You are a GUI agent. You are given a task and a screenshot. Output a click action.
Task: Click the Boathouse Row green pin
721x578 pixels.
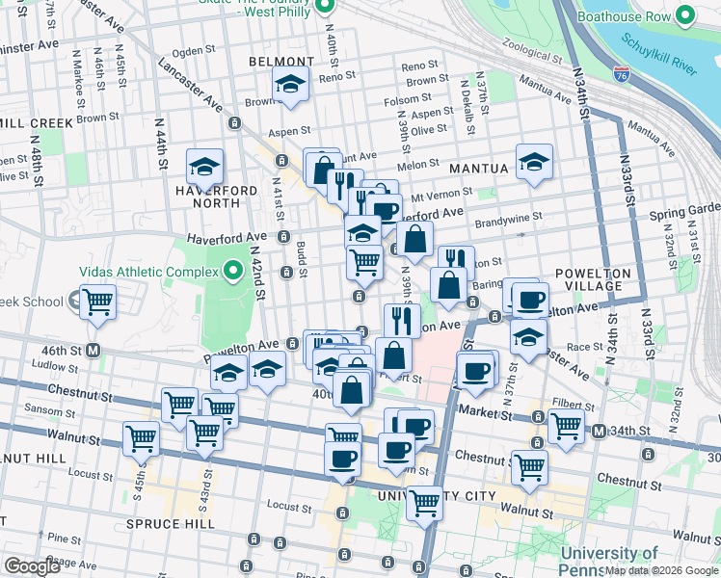coord(685,15)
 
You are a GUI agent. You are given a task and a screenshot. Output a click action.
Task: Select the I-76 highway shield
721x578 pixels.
coord(622,72)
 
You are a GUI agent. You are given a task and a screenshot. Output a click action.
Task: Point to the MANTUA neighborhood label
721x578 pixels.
coord(477,169)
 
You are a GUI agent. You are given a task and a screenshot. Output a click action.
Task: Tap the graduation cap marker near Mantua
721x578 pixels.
coord(533,162)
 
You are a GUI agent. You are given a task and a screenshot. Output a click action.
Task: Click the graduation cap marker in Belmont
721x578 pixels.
coord(290,83)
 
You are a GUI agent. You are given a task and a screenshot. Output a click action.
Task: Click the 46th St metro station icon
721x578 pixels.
coord(94,350)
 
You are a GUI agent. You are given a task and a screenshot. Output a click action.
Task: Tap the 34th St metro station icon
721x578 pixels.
coord(599,431)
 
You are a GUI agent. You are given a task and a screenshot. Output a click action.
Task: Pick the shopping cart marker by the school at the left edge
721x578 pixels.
coord(98,302)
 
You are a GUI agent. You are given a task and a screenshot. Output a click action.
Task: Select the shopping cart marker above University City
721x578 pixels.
coord(424,501)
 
